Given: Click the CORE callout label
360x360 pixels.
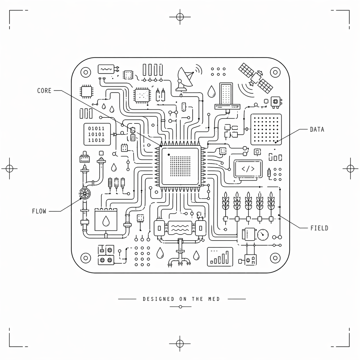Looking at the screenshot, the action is click(x=44, y=91).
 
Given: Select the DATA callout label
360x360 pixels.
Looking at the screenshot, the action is click(x=317, y=129).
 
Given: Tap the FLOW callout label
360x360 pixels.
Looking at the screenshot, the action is click(x=39, y=211).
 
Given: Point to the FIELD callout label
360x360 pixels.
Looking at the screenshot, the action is click(x=319, y=228).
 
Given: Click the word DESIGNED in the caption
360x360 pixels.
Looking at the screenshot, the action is click(x=158, y=299).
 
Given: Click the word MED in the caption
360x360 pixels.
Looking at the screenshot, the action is click(x=214, y=299).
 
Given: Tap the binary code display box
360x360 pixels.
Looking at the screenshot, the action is click(x=97, y=134).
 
